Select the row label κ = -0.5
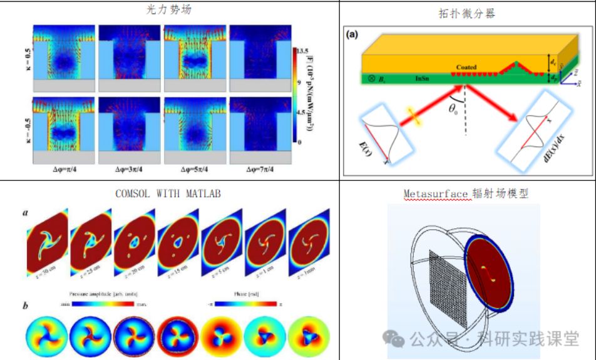click(x=24, y=119)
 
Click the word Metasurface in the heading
click(x=435, y=193)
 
